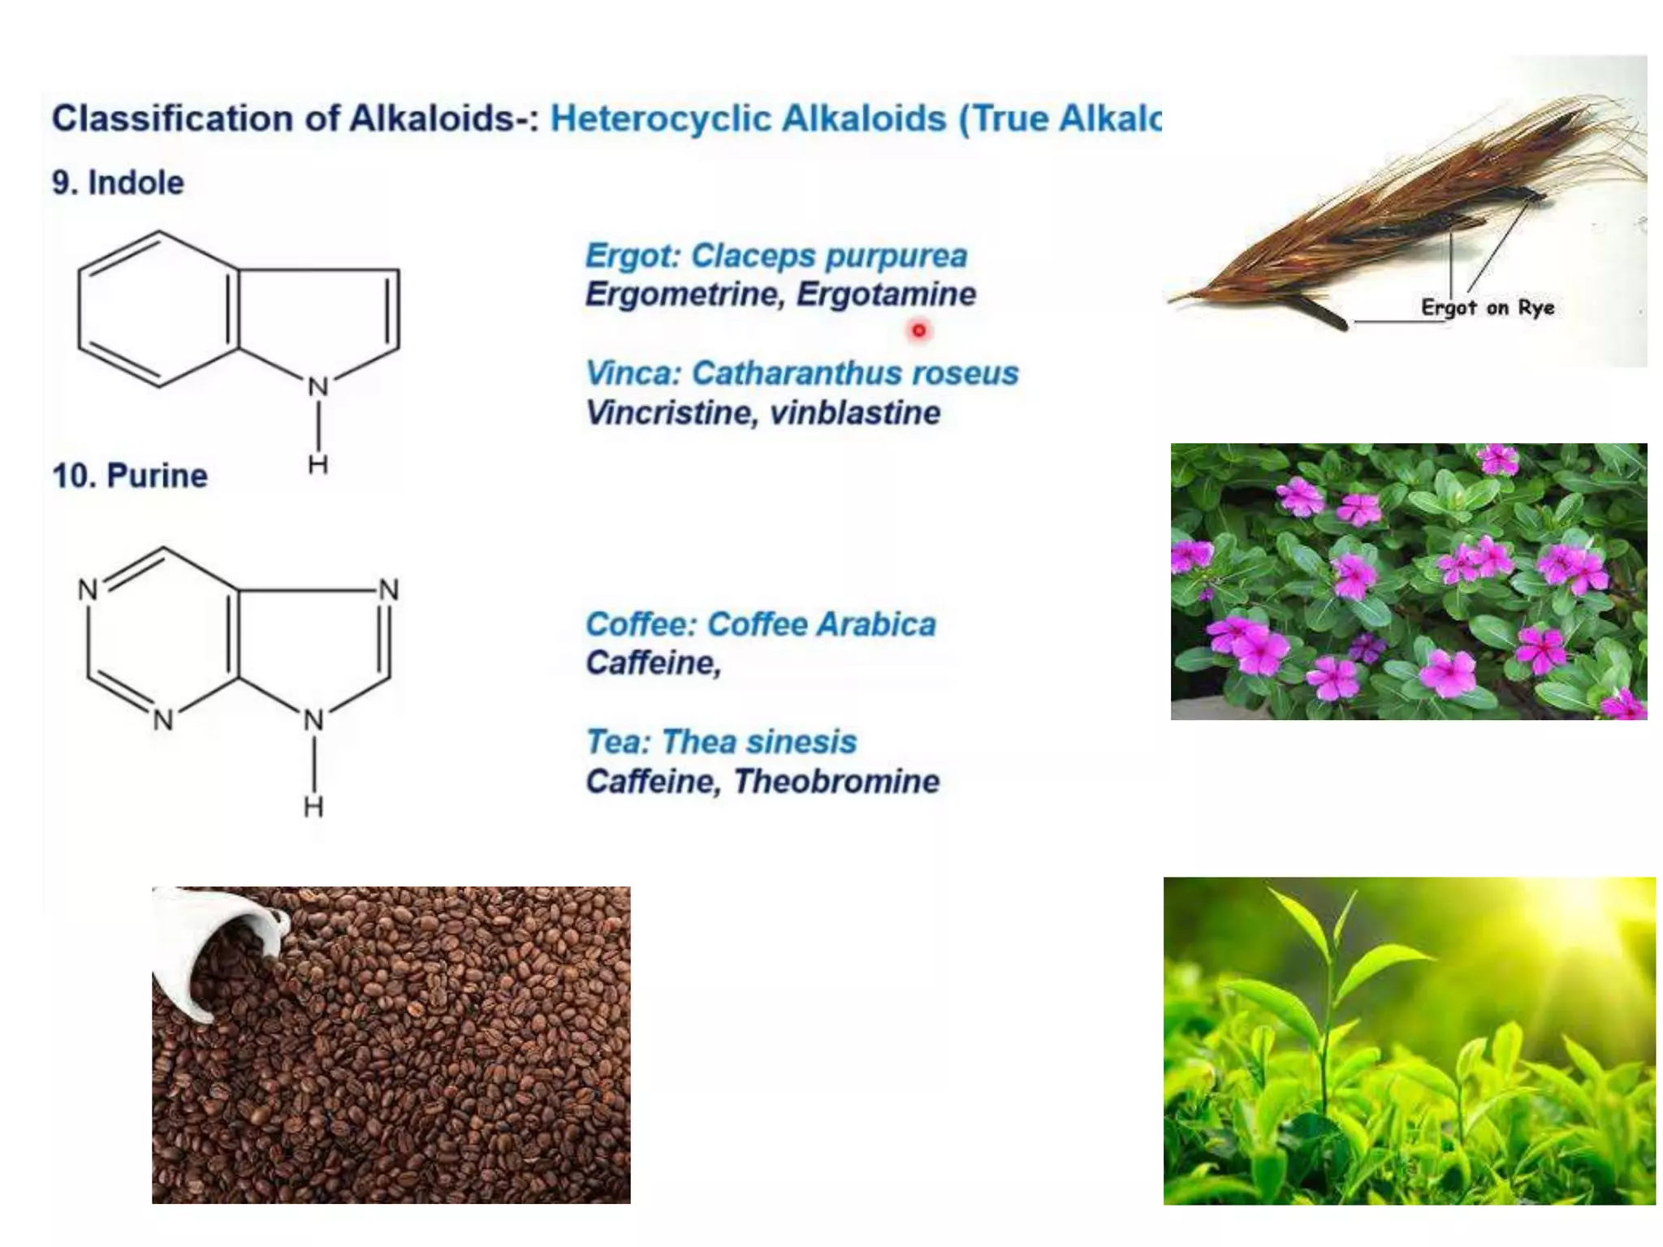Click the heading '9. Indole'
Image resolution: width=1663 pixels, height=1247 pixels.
coord(118,183)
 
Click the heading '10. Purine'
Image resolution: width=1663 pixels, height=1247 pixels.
coord(130,476)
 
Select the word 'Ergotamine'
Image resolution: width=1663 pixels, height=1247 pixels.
coord(886,294)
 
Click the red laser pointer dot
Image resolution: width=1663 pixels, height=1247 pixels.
coord(918,330)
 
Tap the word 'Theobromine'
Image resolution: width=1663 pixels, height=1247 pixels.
coord(836,782)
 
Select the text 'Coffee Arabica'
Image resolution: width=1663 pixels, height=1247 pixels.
coord(821,624)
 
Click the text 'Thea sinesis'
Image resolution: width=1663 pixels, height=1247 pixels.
coord(758,742)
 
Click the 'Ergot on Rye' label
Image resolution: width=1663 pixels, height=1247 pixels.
coord(1488,308)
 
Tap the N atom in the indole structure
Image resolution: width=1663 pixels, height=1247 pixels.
coord(317,387)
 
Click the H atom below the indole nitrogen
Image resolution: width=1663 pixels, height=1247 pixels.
coord(317,464)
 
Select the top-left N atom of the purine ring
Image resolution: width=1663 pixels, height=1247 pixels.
coord(88,590)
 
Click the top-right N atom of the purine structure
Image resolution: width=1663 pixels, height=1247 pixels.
coord(389,590)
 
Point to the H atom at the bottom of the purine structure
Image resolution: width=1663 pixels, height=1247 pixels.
coord(313,807)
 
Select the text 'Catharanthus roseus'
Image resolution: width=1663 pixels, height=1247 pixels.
coord(854,373)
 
